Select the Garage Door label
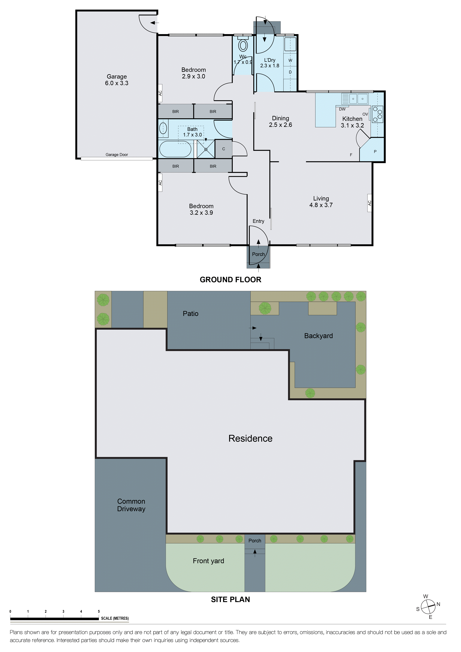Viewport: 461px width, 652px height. pyautogui.click(x=117, y=155)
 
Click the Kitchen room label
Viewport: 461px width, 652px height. pyautogui.click(x=352, y=119)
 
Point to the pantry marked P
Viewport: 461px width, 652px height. pyautogui.click(x=375, y=152)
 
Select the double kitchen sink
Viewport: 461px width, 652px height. pyautogui.click(x=358, y=99)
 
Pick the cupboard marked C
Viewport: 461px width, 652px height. pyautogui.click(x=224, y=149)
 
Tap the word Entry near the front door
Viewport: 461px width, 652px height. pyautogui.click(x=258, y=221)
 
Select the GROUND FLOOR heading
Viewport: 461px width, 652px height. pyautogui.click(x=230, y=280)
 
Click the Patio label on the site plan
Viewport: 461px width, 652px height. pyautogui.click(x=190, y=314)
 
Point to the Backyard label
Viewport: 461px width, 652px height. pyautogui.click(x=318, y=336)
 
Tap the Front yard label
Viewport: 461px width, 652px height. pyautogui.click(x=208, y=561)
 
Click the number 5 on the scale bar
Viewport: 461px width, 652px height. pyautogui.click(x=99, y=611)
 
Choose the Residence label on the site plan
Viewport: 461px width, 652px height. pyautogui.click(x=250, y=438)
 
